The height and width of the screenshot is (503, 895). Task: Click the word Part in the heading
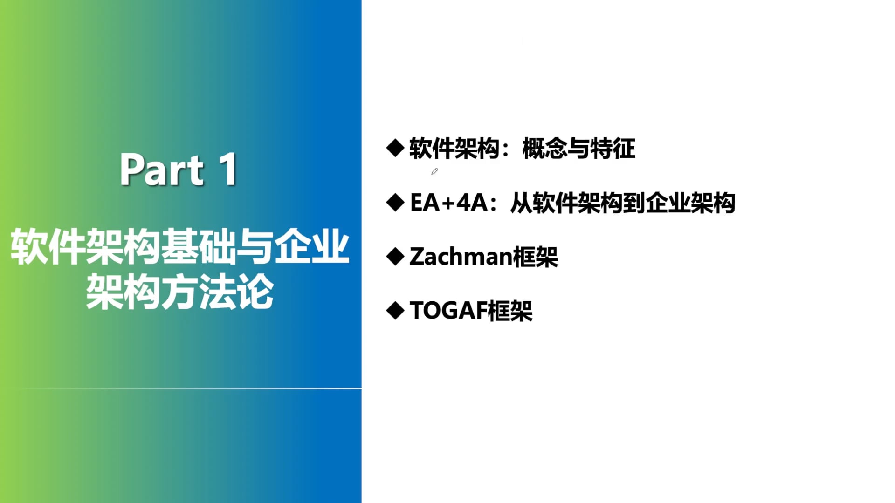162,170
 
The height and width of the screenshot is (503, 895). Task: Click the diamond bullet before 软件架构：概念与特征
395,148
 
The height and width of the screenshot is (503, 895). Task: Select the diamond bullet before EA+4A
395,202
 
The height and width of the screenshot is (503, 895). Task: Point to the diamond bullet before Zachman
395,256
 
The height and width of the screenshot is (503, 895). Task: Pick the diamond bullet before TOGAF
395,310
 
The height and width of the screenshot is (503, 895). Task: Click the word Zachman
461,257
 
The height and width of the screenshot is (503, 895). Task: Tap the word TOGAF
448,311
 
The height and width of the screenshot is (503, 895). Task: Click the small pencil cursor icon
434,171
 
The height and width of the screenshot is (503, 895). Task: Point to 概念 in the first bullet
544,149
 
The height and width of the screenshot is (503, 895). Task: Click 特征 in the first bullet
613,149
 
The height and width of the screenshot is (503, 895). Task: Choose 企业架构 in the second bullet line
690,203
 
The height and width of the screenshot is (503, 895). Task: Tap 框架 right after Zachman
535,257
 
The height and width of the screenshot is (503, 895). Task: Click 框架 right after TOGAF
510,311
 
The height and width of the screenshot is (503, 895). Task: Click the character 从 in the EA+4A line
521,203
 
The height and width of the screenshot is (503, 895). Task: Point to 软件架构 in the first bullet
454,149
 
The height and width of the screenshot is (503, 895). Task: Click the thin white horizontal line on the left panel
181,388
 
